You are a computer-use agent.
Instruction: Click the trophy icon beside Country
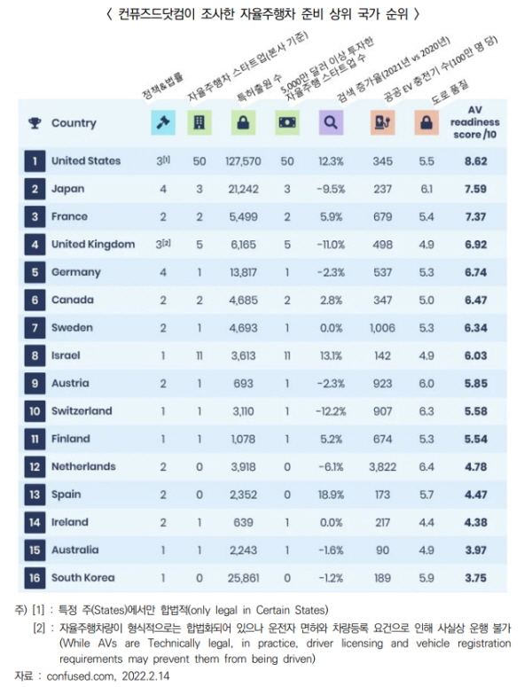(35, 123)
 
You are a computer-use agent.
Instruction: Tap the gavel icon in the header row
(163, 122)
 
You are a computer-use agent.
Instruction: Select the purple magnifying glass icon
(331, 122)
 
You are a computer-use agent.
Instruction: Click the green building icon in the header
(199, 122)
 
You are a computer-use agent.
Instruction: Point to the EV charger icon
(382, 122)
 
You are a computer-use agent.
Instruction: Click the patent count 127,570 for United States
(243, 161)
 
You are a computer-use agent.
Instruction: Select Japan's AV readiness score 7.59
(476, 189)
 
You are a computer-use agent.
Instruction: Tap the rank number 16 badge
(35, 578)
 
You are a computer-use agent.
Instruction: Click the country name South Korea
(83, 578)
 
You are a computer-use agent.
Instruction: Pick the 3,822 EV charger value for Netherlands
(382, 467)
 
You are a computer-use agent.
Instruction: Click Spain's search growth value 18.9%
(331, 495)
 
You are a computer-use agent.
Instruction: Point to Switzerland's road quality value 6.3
(426, 411)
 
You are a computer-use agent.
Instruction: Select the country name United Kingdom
(93, 245)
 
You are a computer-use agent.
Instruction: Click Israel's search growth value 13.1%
(331, 355)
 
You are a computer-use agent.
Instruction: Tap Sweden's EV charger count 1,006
(382, 328)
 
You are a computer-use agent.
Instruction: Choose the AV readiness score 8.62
(476, 161)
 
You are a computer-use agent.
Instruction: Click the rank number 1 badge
(35, 161)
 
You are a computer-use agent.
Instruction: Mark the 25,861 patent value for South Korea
(243, 578)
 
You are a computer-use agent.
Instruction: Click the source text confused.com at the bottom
(80, 676)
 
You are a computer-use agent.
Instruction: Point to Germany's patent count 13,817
(243, 272)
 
